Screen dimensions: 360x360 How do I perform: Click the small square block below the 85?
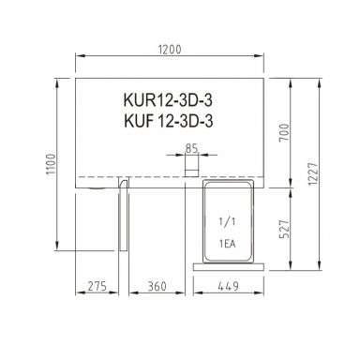pyautogui.click(x=191, y=166)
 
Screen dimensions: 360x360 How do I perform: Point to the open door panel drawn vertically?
pyautogui.click(x=122, y=217)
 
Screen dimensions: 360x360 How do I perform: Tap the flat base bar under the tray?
pyautogui.click(x=230, y=265)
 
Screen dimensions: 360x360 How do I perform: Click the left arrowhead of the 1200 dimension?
pyautogui.click(x=78, y=56)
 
